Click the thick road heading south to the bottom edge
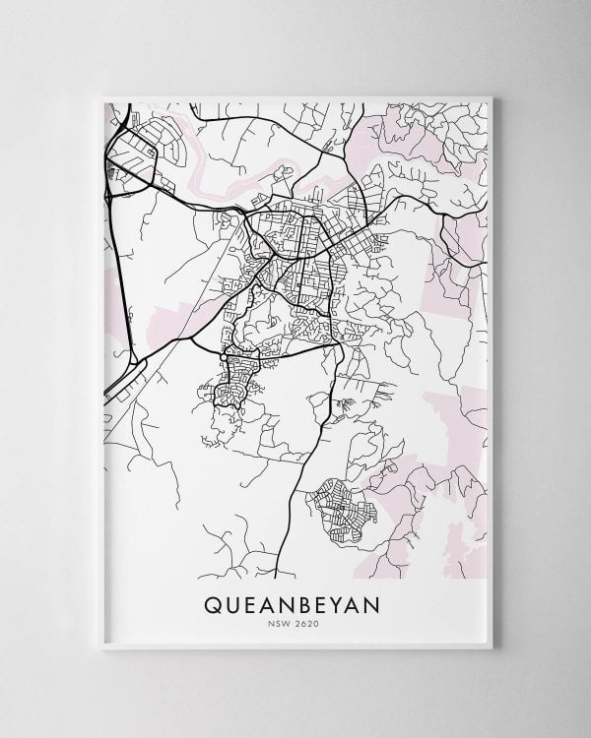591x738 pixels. (295, 512)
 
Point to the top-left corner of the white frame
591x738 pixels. (100, 96)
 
